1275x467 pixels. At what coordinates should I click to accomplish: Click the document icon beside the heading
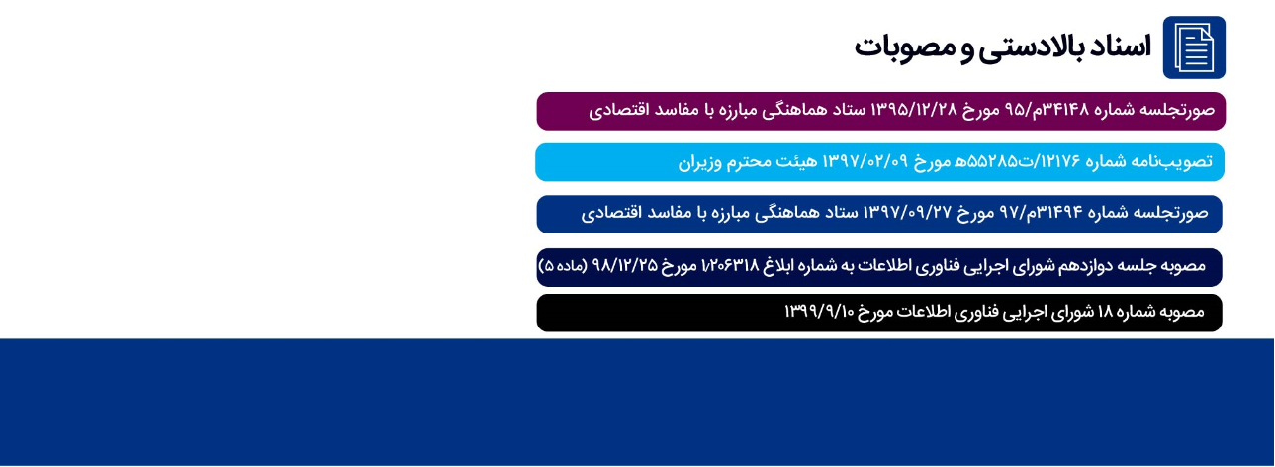(1194, 47)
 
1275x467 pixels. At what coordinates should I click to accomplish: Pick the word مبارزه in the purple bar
(746, 110)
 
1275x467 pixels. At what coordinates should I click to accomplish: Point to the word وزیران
(699, 162)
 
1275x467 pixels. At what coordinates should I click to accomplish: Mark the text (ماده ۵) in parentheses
(563, 265)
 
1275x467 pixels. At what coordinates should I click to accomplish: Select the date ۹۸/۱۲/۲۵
(625, 265)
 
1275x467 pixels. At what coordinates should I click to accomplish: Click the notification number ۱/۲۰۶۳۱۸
(731, 265)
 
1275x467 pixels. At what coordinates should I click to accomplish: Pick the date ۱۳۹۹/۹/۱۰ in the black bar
(820, 311)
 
